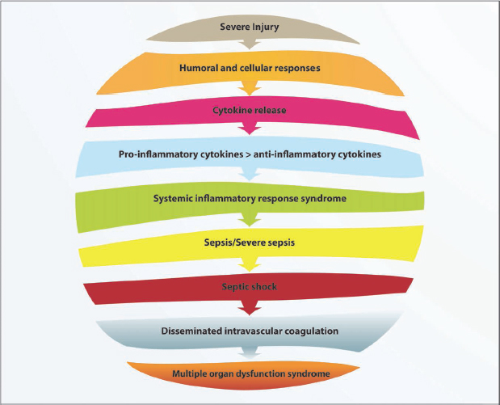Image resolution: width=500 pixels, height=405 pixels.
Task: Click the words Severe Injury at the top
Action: coord(250,27)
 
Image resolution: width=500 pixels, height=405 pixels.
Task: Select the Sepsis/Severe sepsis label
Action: coord(250,241)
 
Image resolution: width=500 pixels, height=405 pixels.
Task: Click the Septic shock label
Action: coord(250,285)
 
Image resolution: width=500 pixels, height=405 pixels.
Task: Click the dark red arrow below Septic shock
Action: coord(250,306)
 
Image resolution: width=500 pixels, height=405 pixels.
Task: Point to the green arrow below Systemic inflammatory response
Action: coord(250,217)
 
